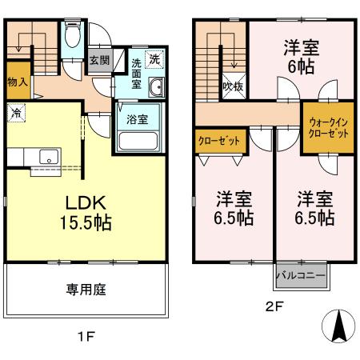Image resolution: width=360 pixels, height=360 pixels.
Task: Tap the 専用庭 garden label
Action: [86, 291]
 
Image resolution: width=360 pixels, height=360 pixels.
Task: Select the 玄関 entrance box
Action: [99, 59]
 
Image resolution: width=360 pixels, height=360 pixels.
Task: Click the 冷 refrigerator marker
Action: [16, 113]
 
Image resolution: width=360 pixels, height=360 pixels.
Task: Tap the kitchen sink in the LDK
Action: [46, 155]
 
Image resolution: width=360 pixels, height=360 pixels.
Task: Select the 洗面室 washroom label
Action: [136, 73]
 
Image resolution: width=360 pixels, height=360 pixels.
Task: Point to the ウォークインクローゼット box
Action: [327, 127]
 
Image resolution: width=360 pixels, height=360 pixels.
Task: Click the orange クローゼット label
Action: [218, 141]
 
